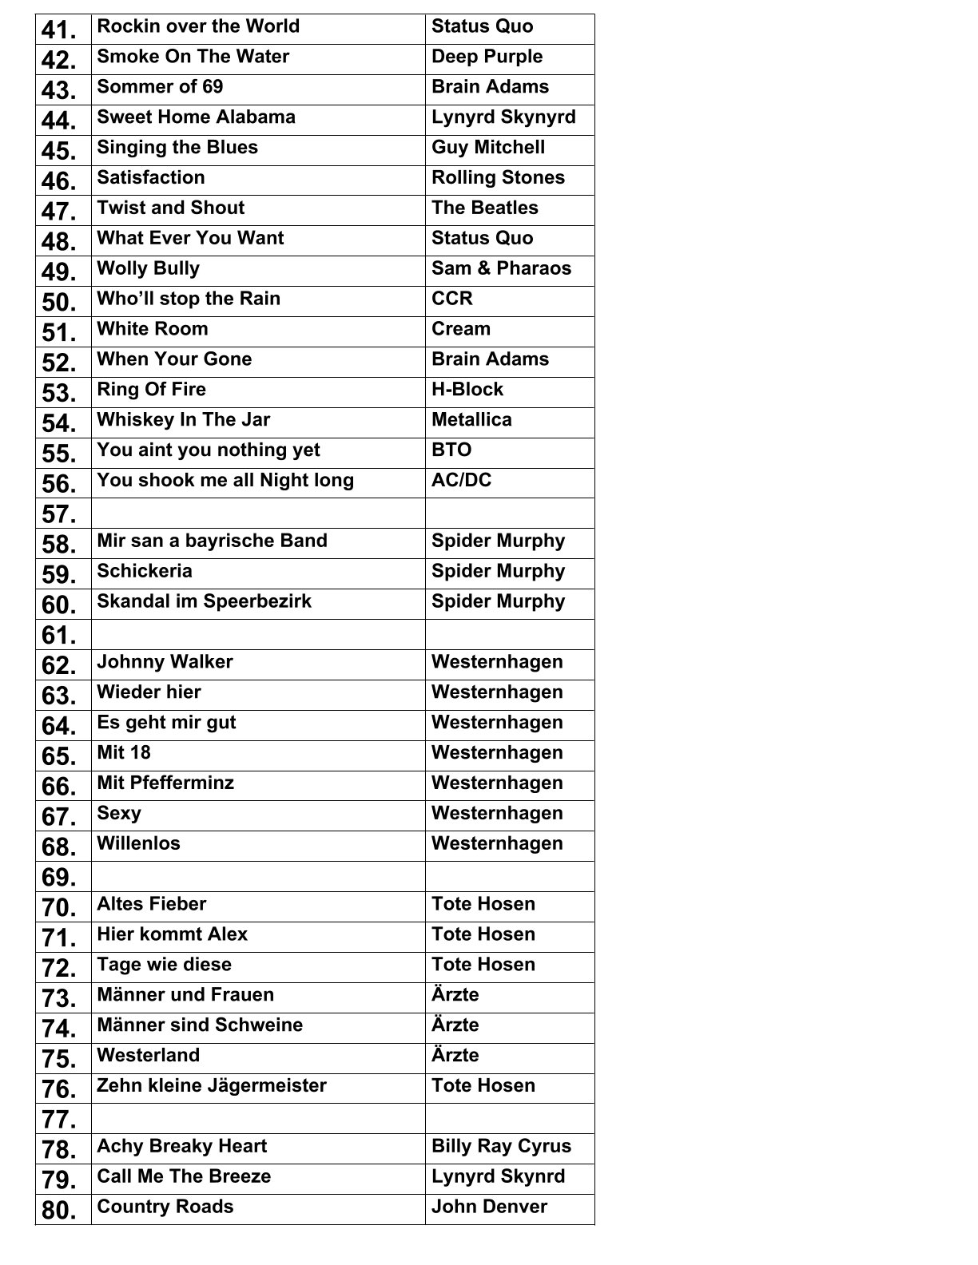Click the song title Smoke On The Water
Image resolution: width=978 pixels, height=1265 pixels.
[193, 57]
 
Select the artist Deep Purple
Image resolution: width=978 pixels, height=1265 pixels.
[487, 57]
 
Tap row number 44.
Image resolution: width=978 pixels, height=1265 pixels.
[59, 121]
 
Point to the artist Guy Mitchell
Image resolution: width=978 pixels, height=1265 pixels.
[488, 148]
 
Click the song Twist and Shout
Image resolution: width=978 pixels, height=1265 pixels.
[170, 208]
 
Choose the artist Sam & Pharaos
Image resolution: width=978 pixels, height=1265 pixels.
[501, 268]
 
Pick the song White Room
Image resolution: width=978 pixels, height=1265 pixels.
[152, 329]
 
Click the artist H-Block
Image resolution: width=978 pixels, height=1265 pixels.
[467, 390]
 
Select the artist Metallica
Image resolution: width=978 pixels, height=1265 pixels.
[471, 420]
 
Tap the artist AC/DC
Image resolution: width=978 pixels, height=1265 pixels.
[461, 481]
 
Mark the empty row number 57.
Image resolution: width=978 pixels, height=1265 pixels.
[59, 514]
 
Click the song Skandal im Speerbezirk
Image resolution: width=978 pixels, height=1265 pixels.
[204, 601]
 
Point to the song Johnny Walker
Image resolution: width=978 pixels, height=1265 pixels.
[165, 662]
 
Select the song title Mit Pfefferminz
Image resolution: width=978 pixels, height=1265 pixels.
[165, 783]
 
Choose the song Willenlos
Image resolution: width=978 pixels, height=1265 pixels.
[138, 844]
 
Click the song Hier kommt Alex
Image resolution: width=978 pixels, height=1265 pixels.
[172, 934]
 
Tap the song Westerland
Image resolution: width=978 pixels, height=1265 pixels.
[148, 1056]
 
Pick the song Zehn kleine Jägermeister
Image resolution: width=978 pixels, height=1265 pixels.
[212, 1086]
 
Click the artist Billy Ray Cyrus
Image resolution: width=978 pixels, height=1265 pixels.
[501, 1147]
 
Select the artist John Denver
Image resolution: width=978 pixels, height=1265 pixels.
[489, 1207]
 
